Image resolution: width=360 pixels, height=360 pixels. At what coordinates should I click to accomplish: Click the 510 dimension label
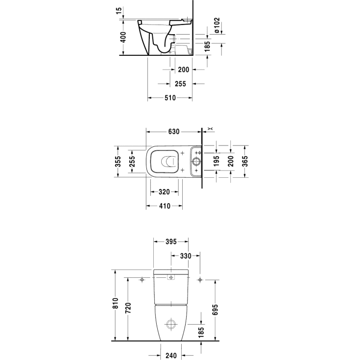pos(170,98)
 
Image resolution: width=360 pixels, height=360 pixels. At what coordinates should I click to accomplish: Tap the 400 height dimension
pos(123,37)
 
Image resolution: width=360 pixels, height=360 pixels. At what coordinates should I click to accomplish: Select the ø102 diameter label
pos(216,25)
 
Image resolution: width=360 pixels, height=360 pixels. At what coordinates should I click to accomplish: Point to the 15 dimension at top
pos(119,11)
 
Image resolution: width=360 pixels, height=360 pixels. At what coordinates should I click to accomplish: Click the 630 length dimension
pos(174,132)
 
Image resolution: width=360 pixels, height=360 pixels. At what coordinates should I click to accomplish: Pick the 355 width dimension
pos(118,162)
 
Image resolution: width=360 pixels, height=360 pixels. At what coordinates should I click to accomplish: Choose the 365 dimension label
pos(245,161)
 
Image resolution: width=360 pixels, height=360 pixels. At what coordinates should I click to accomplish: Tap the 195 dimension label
pos(216,161)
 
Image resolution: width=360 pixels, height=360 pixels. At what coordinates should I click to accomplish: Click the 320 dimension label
pos(164,192)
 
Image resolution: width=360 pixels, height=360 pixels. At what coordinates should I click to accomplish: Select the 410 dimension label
pos(165,206)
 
